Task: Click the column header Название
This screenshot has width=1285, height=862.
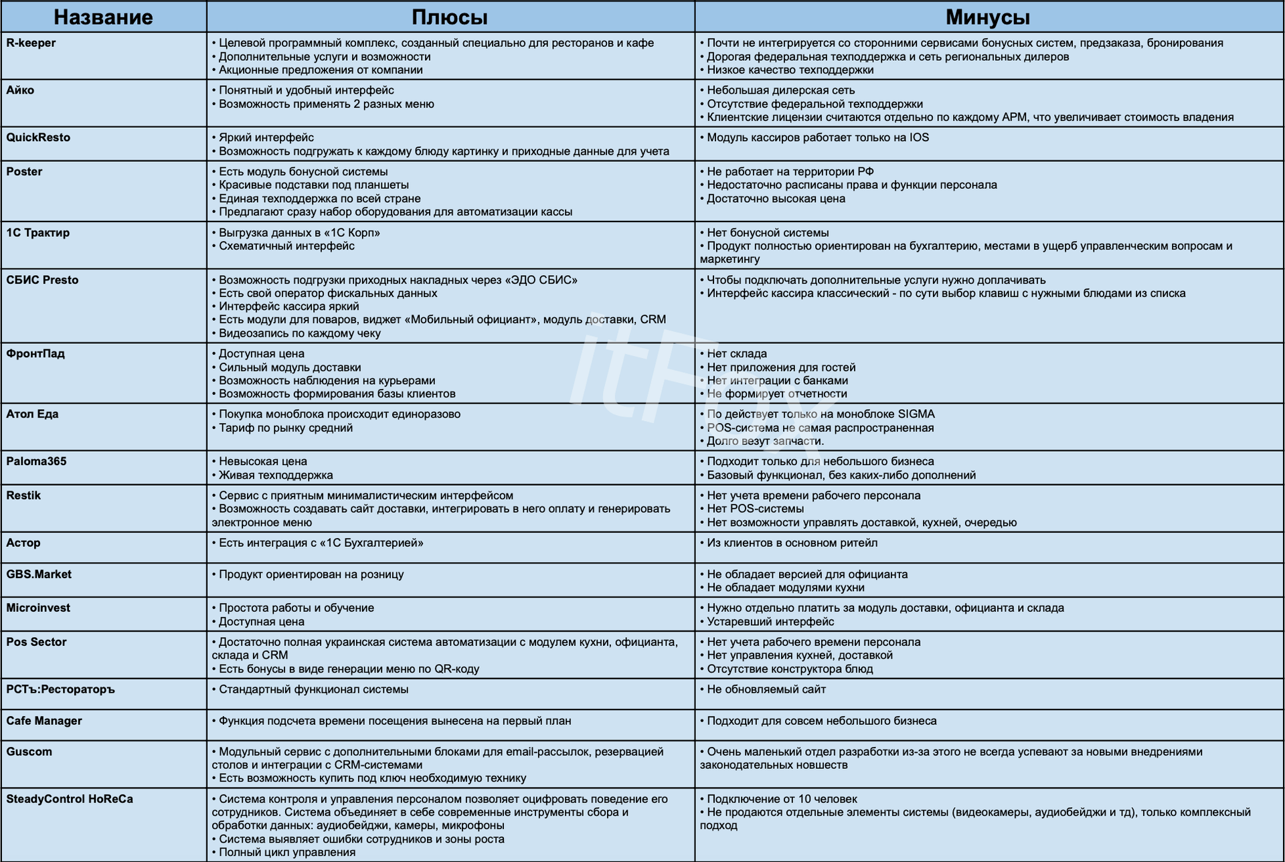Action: (x=103, y=17)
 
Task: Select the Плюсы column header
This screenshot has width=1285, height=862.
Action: (x=449, y=17)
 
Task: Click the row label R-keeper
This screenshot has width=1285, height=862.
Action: (x=31, y=43)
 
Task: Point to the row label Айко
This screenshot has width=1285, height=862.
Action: (x=20, y=90)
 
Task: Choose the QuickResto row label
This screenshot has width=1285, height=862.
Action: (x=38, y=137)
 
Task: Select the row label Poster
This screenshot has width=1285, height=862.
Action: (x=24, y=171)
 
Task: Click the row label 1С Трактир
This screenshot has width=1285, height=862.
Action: (x=37, y=232)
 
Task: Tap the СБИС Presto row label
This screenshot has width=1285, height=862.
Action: (x=42, y=280)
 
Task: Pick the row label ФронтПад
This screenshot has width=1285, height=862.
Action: (x=35, y=353)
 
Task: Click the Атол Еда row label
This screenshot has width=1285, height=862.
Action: (x=32, y=414)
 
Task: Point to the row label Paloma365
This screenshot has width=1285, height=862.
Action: (x=36, y=461)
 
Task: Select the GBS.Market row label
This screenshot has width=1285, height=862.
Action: (x=39, y=574)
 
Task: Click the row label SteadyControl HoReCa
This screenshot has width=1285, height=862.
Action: (x=70, y=798)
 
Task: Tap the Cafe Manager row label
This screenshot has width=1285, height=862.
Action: (x=44, y=721)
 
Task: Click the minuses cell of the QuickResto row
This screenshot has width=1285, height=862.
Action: (x=988, y=144)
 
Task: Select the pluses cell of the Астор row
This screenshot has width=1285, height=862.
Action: (x=450, y=547)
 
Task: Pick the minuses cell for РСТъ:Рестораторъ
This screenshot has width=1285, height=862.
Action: (x=988, y=693)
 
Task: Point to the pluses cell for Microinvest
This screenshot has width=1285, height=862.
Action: (x=450, y=614)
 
